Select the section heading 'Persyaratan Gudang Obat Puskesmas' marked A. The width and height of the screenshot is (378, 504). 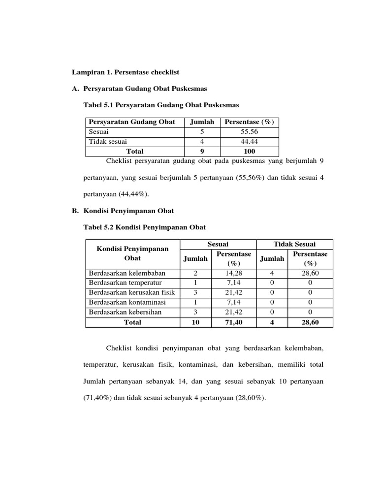pos(145,89)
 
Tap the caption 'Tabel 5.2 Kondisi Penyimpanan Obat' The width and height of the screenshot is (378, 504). pos(145,227)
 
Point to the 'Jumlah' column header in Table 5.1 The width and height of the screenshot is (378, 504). pos(202,122)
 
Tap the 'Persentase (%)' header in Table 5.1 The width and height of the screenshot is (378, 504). pos(249,122)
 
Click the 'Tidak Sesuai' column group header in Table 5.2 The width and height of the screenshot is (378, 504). pos(295,244)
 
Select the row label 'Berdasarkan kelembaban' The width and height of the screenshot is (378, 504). pos(127,273)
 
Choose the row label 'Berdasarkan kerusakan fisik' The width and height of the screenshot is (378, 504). pos(132,293)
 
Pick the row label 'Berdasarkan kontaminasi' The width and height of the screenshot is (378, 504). pos(127,303)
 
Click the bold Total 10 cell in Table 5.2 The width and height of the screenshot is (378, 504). pos(195,322)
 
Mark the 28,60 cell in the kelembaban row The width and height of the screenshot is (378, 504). pos(310,273)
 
